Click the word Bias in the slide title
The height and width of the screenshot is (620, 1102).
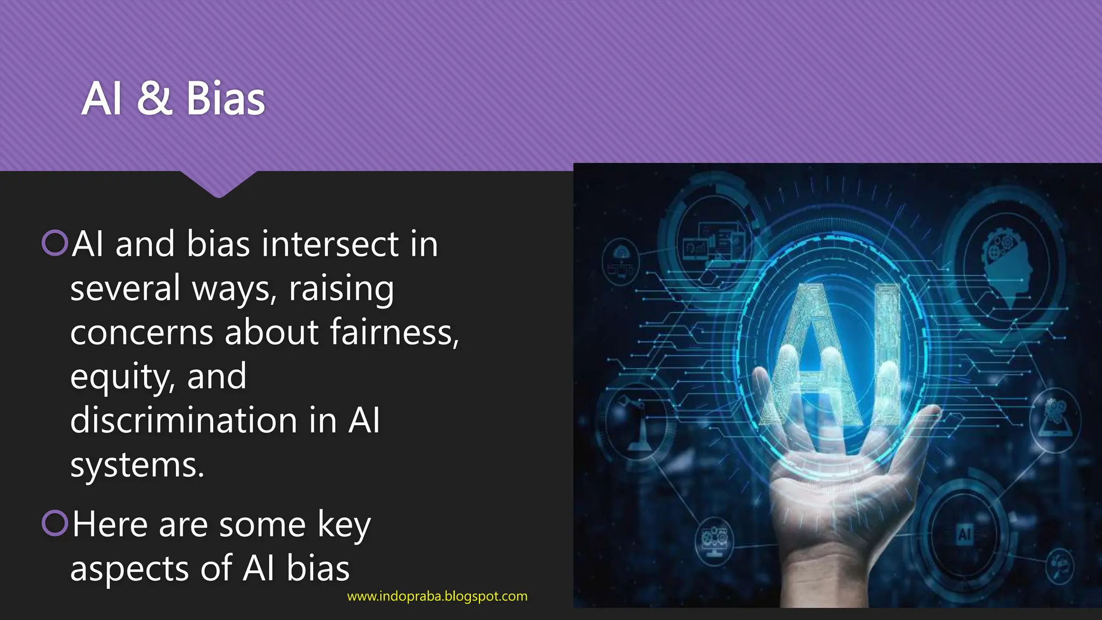click(225, 99)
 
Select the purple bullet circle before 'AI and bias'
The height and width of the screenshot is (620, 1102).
click(55, 243)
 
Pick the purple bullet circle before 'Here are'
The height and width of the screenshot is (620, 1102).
click(55, 523)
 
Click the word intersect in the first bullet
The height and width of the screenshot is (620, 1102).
click(330, 244)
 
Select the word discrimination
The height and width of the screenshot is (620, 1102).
click(183, 420)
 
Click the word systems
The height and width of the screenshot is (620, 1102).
click(137, 465)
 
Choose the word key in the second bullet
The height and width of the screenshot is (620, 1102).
click(344, 525)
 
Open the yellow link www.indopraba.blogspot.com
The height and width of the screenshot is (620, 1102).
click(437, 596)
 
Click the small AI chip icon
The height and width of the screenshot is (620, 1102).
click(964, 534)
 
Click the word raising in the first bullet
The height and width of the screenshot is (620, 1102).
click(341, 288)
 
